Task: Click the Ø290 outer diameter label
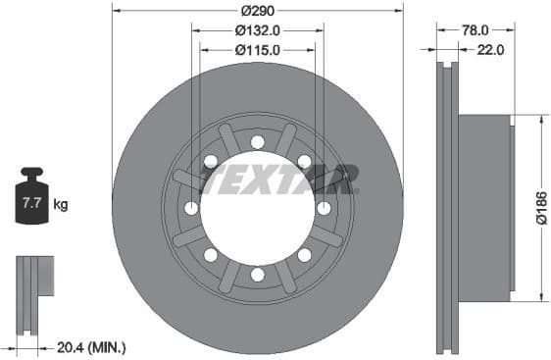tap(257, 11)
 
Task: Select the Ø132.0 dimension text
tap(257, 30)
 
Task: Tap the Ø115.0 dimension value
tap(257, 49)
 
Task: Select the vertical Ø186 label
tap(540, 206)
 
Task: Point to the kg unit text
tap(61, 205)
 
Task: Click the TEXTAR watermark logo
tap(278, 180)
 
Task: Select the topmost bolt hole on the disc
tap(257, 142)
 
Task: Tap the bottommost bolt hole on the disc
tap(257, 275)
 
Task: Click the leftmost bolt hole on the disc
tap(191, 208)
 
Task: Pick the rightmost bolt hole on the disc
tap(324, 208)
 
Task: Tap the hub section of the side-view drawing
tap(485, 208)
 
